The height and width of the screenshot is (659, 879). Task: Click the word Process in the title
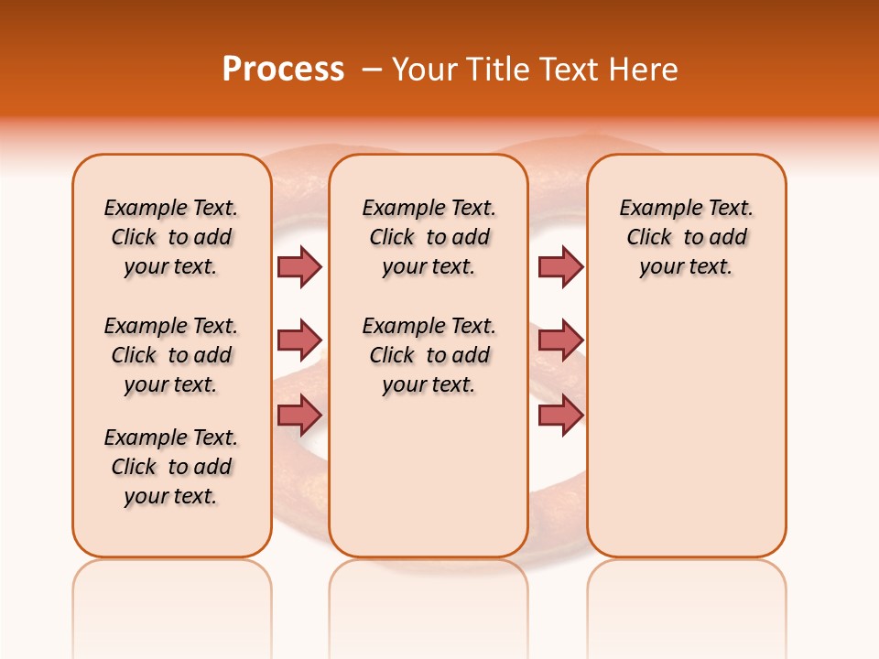(x=283, y=69)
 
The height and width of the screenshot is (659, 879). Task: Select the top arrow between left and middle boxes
(x=299, y=266)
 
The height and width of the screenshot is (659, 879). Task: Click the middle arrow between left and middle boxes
(x=299, y=340)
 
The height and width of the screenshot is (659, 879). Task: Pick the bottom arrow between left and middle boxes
(x=299, y=416)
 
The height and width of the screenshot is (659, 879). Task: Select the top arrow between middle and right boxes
(x=560, y=266)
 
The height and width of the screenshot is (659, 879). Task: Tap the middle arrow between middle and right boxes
(x=560, y=340)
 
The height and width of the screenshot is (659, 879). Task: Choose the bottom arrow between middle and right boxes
(x=560, y=416)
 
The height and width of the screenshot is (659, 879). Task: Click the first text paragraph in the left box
(x=171, y=237)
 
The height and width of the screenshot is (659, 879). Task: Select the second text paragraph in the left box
(x=171, y=355)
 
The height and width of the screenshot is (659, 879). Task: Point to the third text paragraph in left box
(x=171, y=467)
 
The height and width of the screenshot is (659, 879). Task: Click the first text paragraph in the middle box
(x=429, y=237)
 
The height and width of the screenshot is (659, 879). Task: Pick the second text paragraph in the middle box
(x=429, y=355)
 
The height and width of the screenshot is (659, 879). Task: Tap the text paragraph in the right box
(x=687, y=237)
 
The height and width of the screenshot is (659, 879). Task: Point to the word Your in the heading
(x=425, y=69)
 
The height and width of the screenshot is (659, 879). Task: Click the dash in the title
(x=372, y=69)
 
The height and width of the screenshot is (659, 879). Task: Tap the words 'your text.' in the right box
(x=687, y=266)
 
